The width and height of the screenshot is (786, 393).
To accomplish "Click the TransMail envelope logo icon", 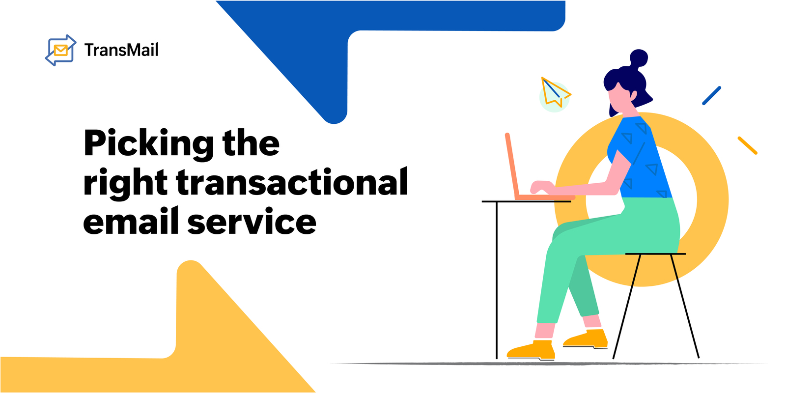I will coord(60,50).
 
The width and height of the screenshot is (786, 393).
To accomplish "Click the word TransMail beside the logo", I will coord(121,50).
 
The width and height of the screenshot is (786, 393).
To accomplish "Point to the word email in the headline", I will coord(130,222).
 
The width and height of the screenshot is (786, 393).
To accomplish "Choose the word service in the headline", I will coord(252,222).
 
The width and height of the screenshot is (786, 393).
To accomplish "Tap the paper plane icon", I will coord(554,92).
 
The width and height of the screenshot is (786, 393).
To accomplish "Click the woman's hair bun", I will coord(638,58).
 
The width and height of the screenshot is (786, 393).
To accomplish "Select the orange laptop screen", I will coord(512,165).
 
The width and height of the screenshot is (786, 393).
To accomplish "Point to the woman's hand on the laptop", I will coord(541,187).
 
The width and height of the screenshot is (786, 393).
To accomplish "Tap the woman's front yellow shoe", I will coord(531,350).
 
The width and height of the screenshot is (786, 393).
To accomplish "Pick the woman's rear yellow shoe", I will coord(587,338).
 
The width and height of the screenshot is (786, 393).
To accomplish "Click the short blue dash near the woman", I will coord(711,96).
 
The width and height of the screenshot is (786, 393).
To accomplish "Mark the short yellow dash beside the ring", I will coord(747,145).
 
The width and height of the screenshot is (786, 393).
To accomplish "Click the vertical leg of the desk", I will coord(497,280).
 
